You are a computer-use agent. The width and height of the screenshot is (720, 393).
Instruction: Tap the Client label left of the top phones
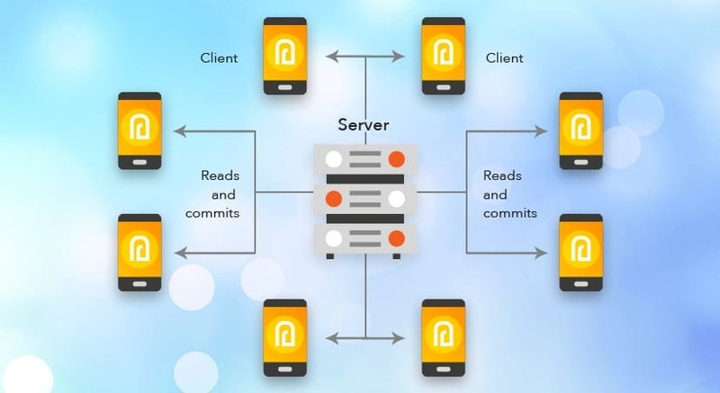219,58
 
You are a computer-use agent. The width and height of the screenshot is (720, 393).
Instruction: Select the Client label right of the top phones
505,58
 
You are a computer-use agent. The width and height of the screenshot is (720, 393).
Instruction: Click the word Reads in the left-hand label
220,175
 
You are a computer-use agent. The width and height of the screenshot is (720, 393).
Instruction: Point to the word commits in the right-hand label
510,213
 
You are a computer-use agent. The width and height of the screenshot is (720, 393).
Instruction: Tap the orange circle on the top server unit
395,160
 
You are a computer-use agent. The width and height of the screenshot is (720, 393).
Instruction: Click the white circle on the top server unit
334,160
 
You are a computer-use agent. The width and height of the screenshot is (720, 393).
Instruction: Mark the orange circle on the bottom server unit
395,237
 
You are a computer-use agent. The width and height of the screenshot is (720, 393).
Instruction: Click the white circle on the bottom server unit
334,237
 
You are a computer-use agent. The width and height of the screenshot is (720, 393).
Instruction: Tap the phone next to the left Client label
284,56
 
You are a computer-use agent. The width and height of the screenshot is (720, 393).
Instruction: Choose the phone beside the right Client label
443,56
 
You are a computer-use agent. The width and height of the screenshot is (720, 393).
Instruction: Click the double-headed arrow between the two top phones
365,57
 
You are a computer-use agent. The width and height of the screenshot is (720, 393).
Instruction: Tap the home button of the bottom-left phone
284,366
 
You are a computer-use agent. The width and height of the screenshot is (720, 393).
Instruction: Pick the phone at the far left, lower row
139,252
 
